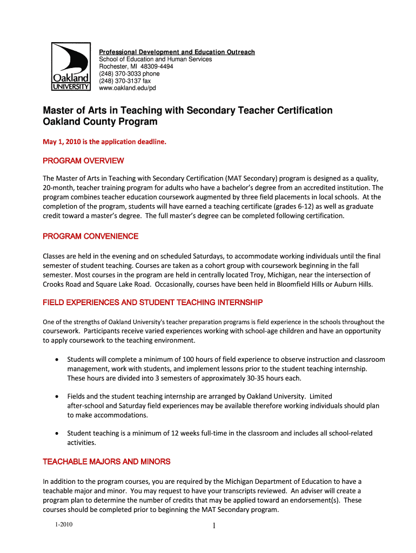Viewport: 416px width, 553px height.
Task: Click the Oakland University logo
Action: click(x=70, y=67)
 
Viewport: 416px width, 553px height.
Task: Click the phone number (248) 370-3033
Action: click(x=129, y=73)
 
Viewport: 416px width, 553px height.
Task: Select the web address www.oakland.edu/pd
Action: click(x=127, y=87)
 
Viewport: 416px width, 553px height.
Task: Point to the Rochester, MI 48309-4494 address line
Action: click(x=136, y=66)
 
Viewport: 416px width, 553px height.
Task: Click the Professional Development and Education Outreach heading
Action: click(x=177, y=52)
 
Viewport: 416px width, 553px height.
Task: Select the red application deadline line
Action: click(x=105, y=143)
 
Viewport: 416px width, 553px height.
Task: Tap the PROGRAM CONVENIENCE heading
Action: click(x=90, y=237)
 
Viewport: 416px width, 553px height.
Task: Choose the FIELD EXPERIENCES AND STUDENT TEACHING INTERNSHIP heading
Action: click(x=152, y=302)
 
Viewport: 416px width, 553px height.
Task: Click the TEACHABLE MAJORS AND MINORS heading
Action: click(x=106, y=462)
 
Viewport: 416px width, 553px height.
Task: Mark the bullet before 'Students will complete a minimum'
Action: click(x=57, y=360)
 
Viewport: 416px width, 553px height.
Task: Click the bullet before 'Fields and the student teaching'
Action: click(x=57, y=396)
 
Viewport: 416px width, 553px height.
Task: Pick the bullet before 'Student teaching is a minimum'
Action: click(x=57, y=434)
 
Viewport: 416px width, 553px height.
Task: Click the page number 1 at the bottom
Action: click(x=214, y=527)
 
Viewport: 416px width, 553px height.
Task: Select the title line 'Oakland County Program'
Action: click(x=100, y=122)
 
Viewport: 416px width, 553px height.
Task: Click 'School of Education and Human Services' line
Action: click(x=155, y=59)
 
